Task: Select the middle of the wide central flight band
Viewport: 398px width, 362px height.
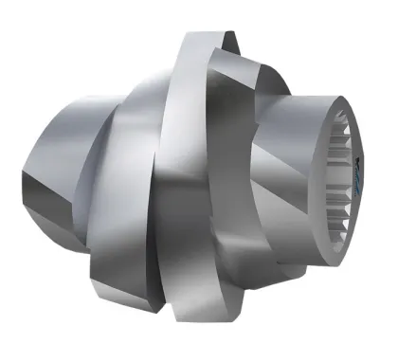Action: (x=194, y=180)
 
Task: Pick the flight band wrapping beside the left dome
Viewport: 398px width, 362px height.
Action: (x=114, y=161)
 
